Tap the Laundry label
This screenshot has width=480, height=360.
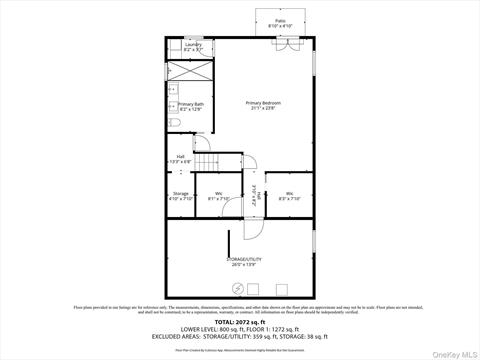point(193,46)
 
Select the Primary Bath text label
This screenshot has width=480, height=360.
point(190,106)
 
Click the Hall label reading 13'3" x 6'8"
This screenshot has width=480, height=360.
point(181,158)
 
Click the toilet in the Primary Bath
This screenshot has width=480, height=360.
point(173,123)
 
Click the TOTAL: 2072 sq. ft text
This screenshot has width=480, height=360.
point(240,321)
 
